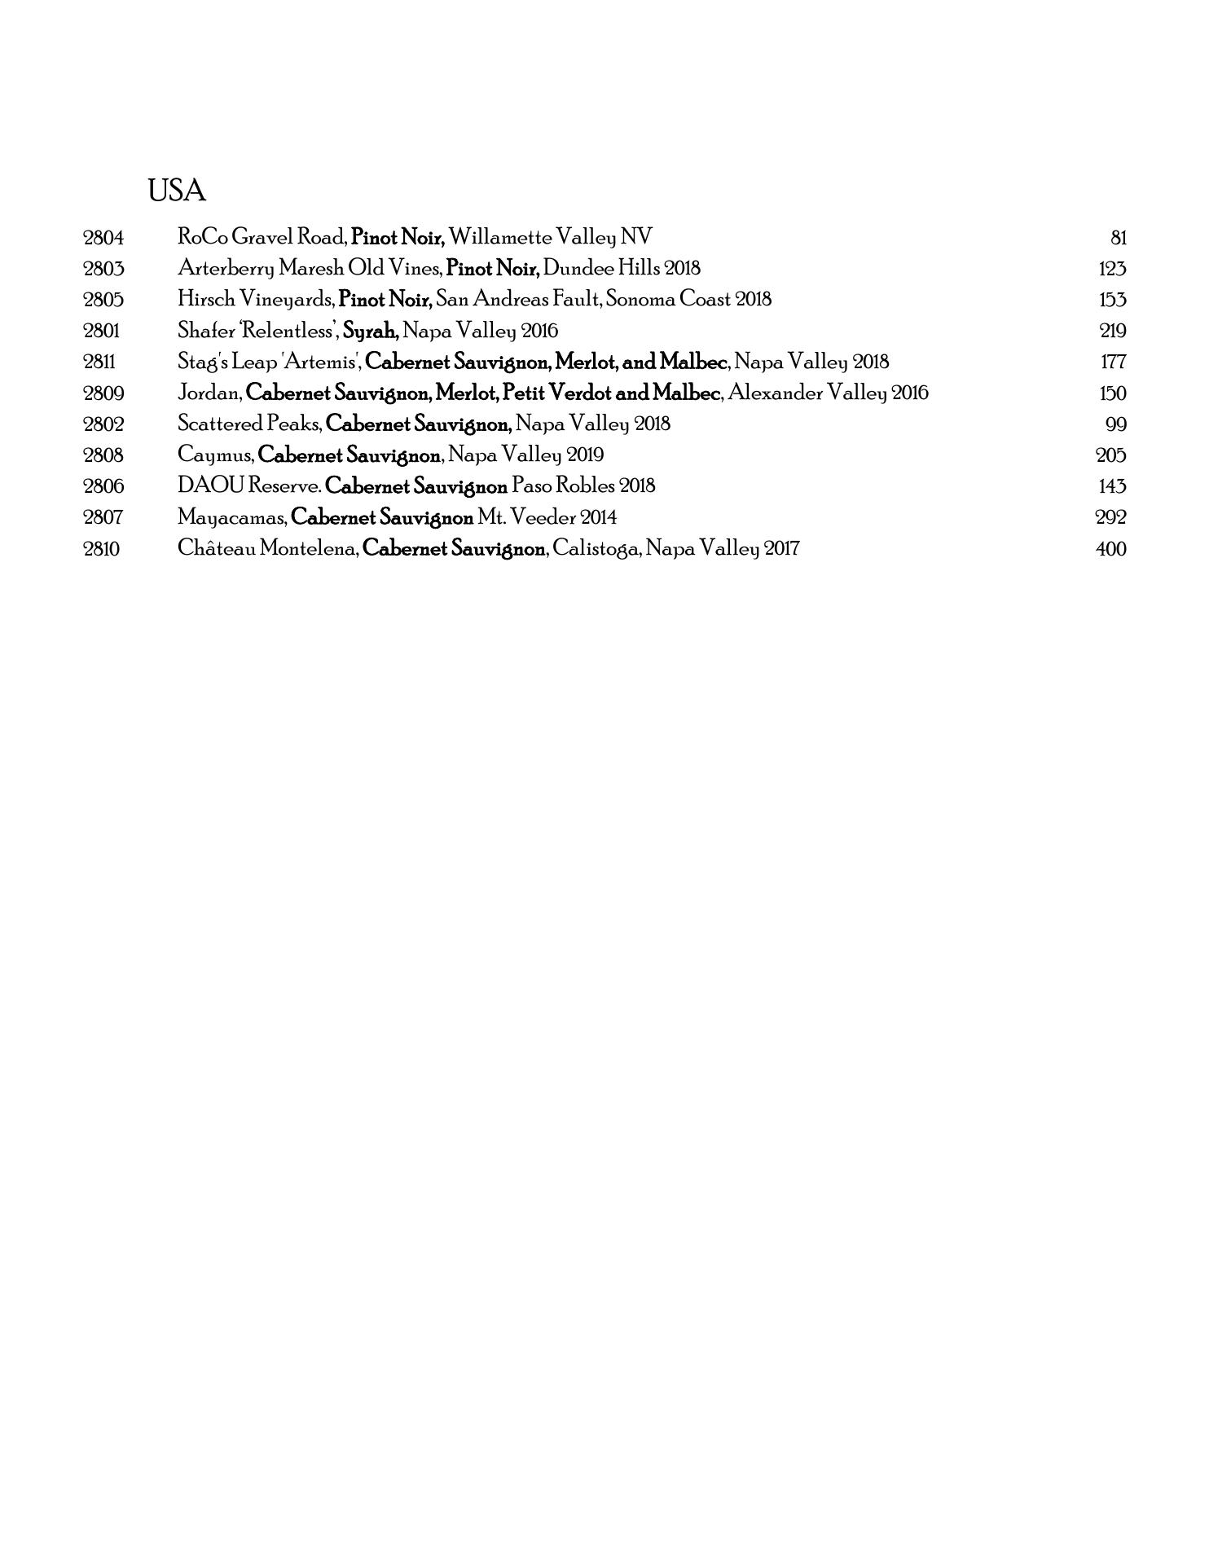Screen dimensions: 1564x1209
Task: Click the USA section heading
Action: tap(176, 191)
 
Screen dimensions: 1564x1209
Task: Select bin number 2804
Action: tap(103, 238)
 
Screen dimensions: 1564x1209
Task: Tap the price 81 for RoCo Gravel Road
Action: tap(1118, 238)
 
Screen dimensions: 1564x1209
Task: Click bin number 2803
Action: tap(103, 269)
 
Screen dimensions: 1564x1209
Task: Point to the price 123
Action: tap(1111, 269)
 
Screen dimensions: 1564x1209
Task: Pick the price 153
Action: tap(1111, 300)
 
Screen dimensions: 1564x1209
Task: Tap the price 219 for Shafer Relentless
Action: tap(1111, 332)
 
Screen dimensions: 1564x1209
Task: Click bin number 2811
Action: tap(100, 362)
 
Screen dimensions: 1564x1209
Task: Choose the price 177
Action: tap(1112, 362)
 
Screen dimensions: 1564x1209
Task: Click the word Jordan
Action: tap(209, 393)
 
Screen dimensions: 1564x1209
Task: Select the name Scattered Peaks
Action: tap(249, 424)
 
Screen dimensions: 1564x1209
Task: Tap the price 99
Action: tap(1115, 424)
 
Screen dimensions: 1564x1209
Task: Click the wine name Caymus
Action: tap(215, 455)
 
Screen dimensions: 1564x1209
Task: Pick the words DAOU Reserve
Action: tap(249, 486)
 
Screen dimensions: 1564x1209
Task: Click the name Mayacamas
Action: tap(231, 517)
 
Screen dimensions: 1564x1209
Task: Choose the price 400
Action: tap(1110, 549)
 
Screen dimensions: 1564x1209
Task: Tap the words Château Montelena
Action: tap(268, 549)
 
